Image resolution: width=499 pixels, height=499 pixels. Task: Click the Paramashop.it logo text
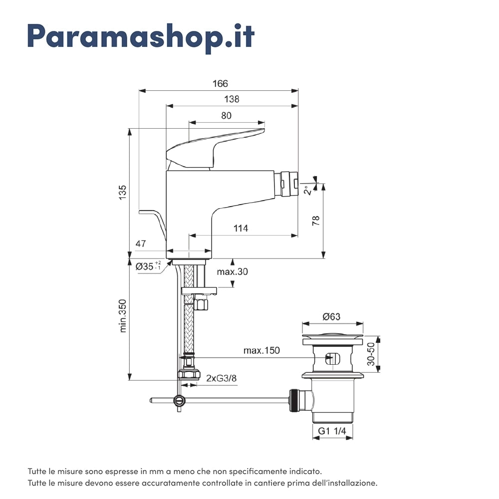(141, 35)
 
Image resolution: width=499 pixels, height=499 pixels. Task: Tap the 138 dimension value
(232, 99)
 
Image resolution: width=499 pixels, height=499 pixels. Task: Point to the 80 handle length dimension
(226, 115)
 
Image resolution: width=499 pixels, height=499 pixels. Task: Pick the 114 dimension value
(241, 229)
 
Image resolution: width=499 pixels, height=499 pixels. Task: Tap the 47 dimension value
(141, 244)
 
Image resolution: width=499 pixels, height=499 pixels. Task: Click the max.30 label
(232, 272)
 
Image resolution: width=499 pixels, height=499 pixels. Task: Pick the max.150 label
(261, 350)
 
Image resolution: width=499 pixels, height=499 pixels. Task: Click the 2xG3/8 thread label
(221, 378)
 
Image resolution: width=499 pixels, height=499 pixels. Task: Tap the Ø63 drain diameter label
(331, 316)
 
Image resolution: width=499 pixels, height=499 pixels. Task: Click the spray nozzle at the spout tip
(289, 183)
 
